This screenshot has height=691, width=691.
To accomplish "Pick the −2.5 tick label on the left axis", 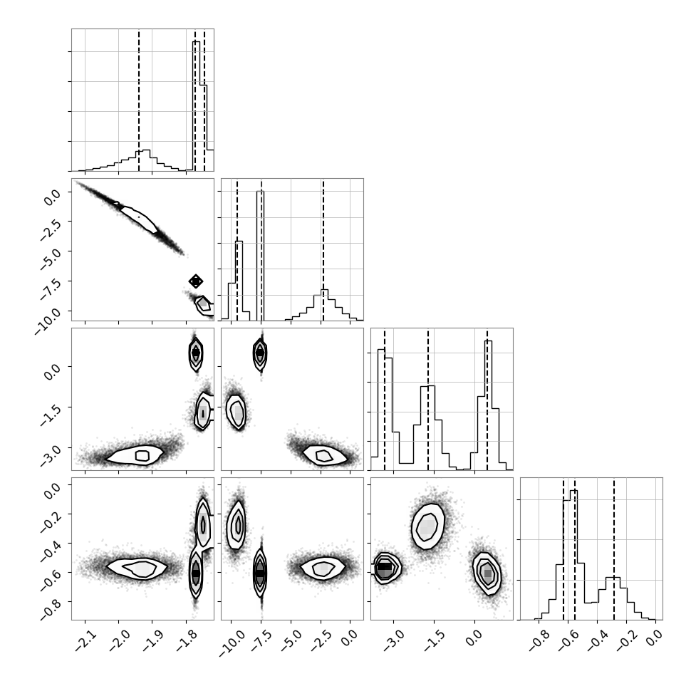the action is click(x=51, y=229).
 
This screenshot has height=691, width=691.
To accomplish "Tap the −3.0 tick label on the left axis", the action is click(x=51, y=456).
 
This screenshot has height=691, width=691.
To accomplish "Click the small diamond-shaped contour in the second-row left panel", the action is click(x=196, y=281).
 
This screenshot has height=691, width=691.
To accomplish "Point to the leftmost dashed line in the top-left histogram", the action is click(x=139, y=100).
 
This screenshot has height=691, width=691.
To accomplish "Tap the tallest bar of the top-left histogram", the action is click(x=197, y=106).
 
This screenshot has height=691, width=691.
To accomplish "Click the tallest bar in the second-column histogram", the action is click(x=260, y=256).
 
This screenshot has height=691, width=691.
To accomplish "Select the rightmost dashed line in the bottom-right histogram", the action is click(x=614, y=549).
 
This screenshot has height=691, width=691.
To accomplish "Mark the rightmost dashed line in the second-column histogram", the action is click(x=323, y=250).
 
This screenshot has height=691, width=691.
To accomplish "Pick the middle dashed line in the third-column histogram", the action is click(x=428, y=399).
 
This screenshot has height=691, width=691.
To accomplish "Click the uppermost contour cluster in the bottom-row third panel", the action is click(x=427, y=526).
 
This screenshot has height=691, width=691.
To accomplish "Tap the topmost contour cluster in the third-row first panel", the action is click(x=196, y=353).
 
